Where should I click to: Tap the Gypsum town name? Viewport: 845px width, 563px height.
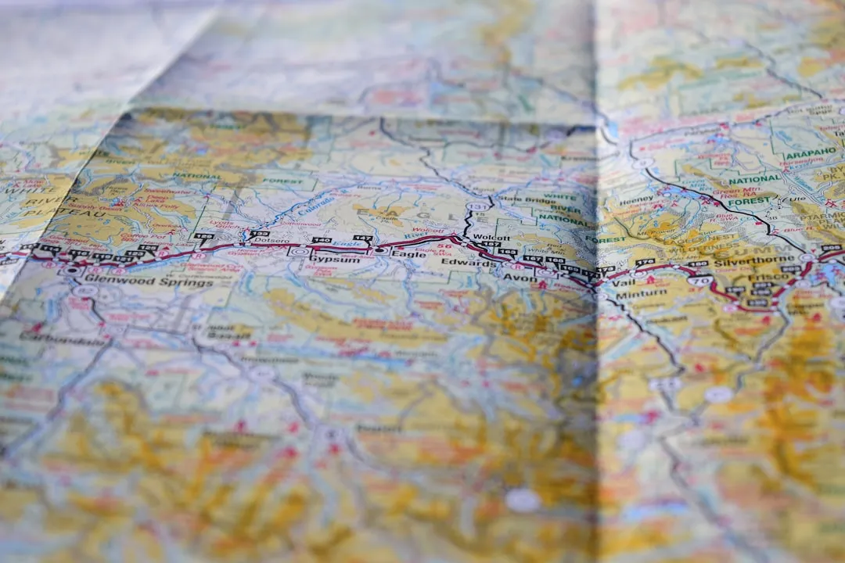335,259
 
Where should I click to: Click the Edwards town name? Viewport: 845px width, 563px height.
469,264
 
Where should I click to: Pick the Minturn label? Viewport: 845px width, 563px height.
642,294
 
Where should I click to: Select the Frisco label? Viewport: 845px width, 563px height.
770,277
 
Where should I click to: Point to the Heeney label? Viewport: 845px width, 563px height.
636,201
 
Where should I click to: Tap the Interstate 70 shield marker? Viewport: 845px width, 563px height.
700,281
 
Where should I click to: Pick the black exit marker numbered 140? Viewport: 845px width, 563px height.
321,241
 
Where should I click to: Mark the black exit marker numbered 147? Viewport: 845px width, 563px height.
361,238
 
